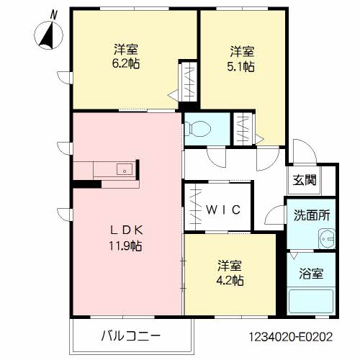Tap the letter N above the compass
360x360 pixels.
click(53, 13)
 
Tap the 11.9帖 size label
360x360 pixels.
click(126, 246)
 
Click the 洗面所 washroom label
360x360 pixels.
click(310, 215)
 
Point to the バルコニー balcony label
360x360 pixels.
click(130, 336)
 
